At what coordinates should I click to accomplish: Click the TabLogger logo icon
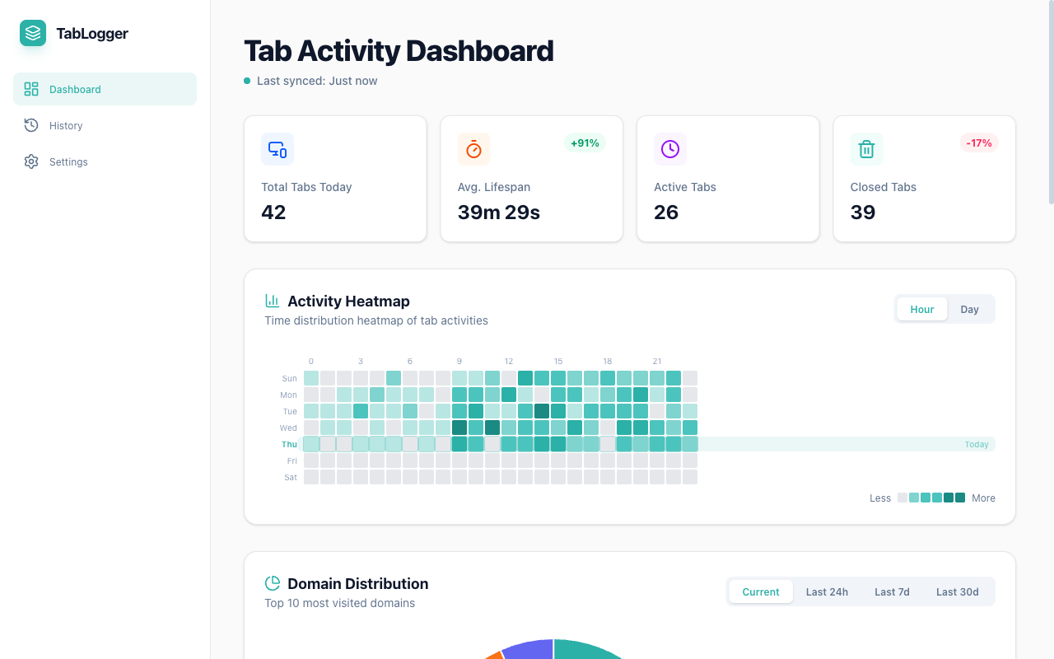33,33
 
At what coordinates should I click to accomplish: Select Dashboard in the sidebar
75,89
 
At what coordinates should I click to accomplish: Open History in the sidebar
66,125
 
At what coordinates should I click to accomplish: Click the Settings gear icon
31,161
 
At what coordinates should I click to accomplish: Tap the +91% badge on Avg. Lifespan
585,143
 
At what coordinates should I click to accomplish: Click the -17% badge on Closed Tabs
979,143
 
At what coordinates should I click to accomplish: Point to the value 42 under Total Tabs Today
273,213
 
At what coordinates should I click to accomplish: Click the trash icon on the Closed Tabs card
866,149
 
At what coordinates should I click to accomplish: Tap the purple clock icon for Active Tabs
670,149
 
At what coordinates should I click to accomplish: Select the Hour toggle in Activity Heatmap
921,310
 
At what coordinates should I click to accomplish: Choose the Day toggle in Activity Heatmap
969,310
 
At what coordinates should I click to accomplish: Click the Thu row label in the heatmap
289,445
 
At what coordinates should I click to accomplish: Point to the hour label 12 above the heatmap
509,362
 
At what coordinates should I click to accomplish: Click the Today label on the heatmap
977,445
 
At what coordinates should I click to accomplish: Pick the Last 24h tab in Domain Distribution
827,591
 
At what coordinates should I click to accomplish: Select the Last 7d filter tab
892,591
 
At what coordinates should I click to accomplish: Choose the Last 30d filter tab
957,591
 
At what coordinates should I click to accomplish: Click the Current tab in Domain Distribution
761,591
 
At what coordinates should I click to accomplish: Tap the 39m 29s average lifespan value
499,213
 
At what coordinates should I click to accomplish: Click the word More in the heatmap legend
983,498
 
